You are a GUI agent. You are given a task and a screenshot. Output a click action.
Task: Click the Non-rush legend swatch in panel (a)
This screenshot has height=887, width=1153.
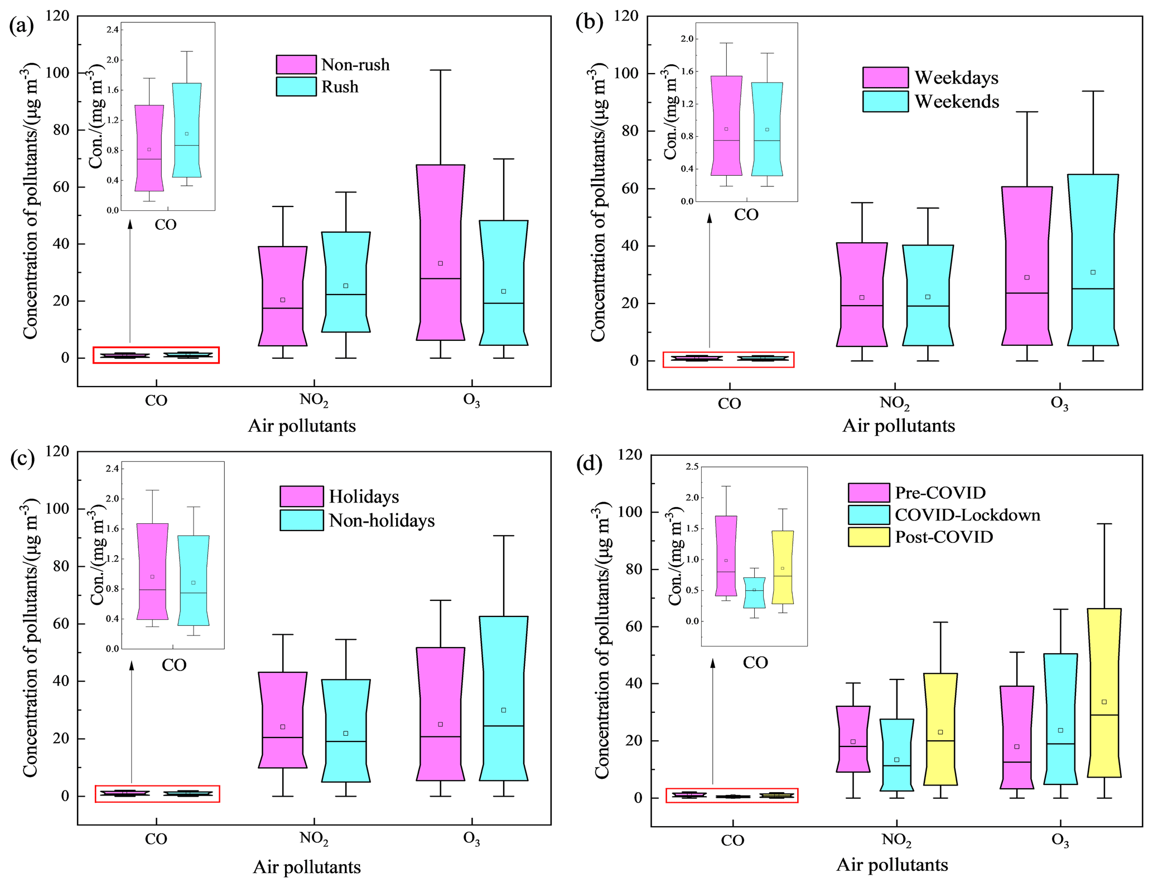click(x=296, y=65)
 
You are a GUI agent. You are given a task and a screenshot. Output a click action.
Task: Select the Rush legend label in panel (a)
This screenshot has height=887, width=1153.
click(x=340, y=87)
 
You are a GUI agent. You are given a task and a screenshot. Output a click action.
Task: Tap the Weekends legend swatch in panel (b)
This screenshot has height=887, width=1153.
click(x=885, y=102)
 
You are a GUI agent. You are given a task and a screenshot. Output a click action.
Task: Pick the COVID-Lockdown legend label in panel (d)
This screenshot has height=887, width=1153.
click(x=967, y=515)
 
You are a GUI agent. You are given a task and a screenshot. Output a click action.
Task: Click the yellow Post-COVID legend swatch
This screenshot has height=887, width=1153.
click(x=869, y=537)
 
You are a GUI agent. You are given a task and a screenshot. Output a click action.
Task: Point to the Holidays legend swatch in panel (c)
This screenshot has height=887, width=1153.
click(x=301, y=496)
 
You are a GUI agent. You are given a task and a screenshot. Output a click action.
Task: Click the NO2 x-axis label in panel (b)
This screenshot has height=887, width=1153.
click(x=894, y=403)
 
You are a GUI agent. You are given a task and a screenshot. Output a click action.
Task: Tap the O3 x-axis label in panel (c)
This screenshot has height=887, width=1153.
click(x=471, y=839)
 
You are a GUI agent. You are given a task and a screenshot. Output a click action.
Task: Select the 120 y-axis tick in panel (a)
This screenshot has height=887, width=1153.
click(x=57, y=16)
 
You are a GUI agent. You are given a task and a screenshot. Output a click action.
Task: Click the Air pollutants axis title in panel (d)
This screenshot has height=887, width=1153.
click(x=892, y=865)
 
